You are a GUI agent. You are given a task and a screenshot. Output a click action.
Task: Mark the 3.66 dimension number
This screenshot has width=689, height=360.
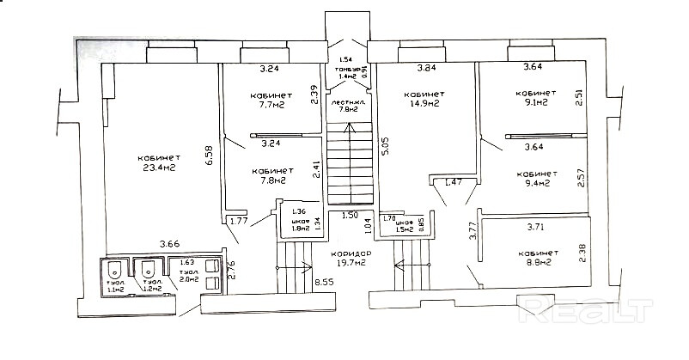coord(170,245)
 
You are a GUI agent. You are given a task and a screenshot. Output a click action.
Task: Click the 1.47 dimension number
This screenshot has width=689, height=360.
coord(452,183)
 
